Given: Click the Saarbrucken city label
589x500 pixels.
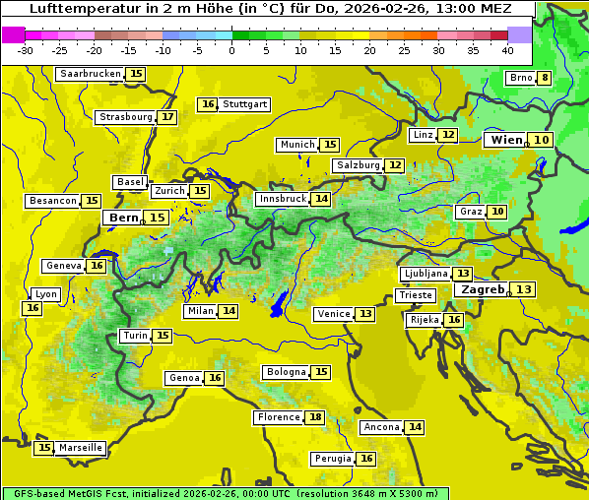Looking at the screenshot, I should [90, 74].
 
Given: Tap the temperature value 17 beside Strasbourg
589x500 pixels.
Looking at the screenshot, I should [168, 117].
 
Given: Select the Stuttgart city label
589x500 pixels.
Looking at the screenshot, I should [244, 104].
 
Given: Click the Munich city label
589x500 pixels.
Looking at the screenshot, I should [297, 145].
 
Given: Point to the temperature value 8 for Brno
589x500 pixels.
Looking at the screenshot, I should [545, 79].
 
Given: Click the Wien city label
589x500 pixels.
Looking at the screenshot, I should [506, 140].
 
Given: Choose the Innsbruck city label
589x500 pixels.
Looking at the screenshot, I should [282, 199].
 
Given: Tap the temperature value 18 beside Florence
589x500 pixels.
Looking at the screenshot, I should [315, 417].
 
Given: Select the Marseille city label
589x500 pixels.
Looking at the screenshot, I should [81, 448].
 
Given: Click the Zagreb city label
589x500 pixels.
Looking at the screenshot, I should [482, 289].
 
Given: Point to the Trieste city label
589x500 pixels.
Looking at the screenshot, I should [415, 295].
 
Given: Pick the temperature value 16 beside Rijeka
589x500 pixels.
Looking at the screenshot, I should [453, 320].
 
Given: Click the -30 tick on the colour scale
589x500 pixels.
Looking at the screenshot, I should [26, 50].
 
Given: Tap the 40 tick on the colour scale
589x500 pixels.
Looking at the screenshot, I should [507, 50].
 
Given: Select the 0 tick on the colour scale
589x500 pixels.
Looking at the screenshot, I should [232, 50].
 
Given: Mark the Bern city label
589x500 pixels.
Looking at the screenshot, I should [123, 218].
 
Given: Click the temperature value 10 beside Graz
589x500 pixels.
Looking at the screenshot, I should [498, 212].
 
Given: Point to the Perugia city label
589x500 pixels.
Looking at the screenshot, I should [331, 459].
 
